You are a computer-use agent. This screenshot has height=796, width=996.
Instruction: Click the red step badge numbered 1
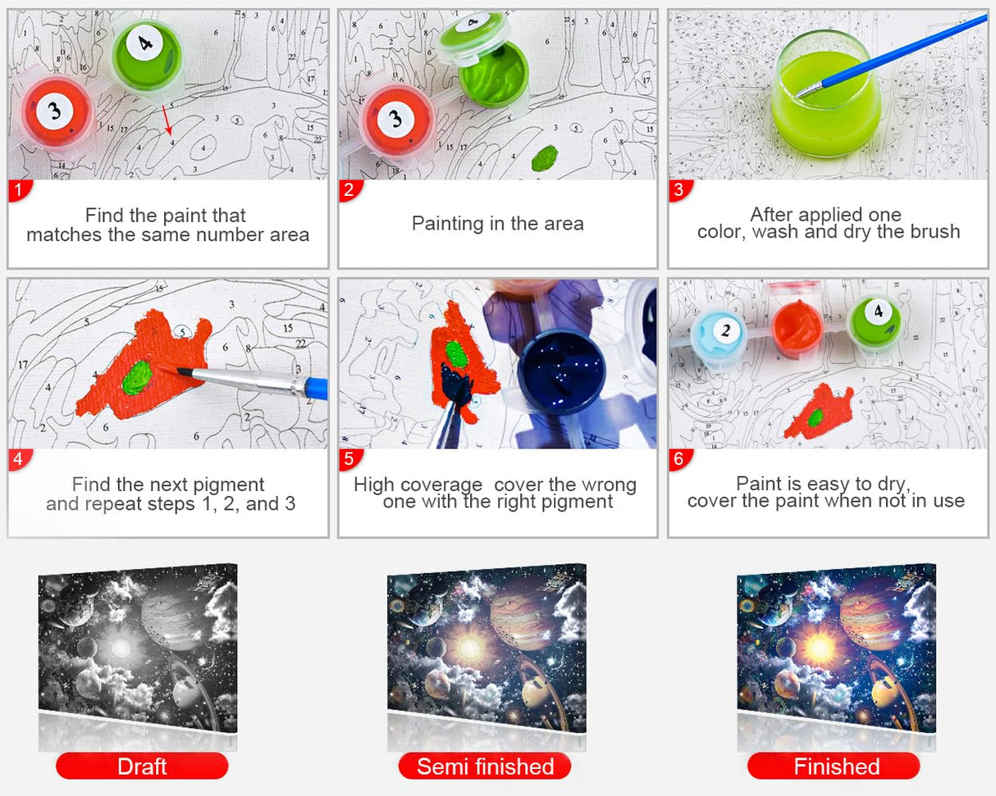(20, 190)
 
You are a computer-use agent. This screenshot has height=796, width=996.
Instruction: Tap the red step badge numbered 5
(350, 459)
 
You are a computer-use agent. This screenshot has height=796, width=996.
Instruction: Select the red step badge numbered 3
(680, 190)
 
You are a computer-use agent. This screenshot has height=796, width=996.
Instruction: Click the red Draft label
(142, 766)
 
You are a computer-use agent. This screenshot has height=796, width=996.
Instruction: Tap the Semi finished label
(485, 766)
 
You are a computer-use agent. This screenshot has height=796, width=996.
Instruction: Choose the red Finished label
(834, 766)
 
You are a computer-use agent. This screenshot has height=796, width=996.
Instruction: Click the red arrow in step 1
(167, 120)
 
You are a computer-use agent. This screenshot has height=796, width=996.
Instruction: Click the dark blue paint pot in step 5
(561, 371)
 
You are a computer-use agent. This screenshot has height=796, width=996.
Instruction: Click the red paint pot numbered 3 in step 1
(56, 112)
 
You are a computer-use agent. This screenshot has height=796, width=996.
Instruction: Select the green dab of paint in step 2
(544, 157)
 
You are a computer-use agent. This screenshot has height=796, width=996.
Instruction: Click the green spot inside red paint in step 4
(137, 377)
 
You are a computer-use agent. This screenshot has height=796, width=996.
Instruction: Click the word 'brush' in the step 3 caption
(935, 232)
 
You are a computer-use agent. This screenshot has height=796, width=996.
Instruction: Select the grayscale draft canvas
(138, 648)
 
